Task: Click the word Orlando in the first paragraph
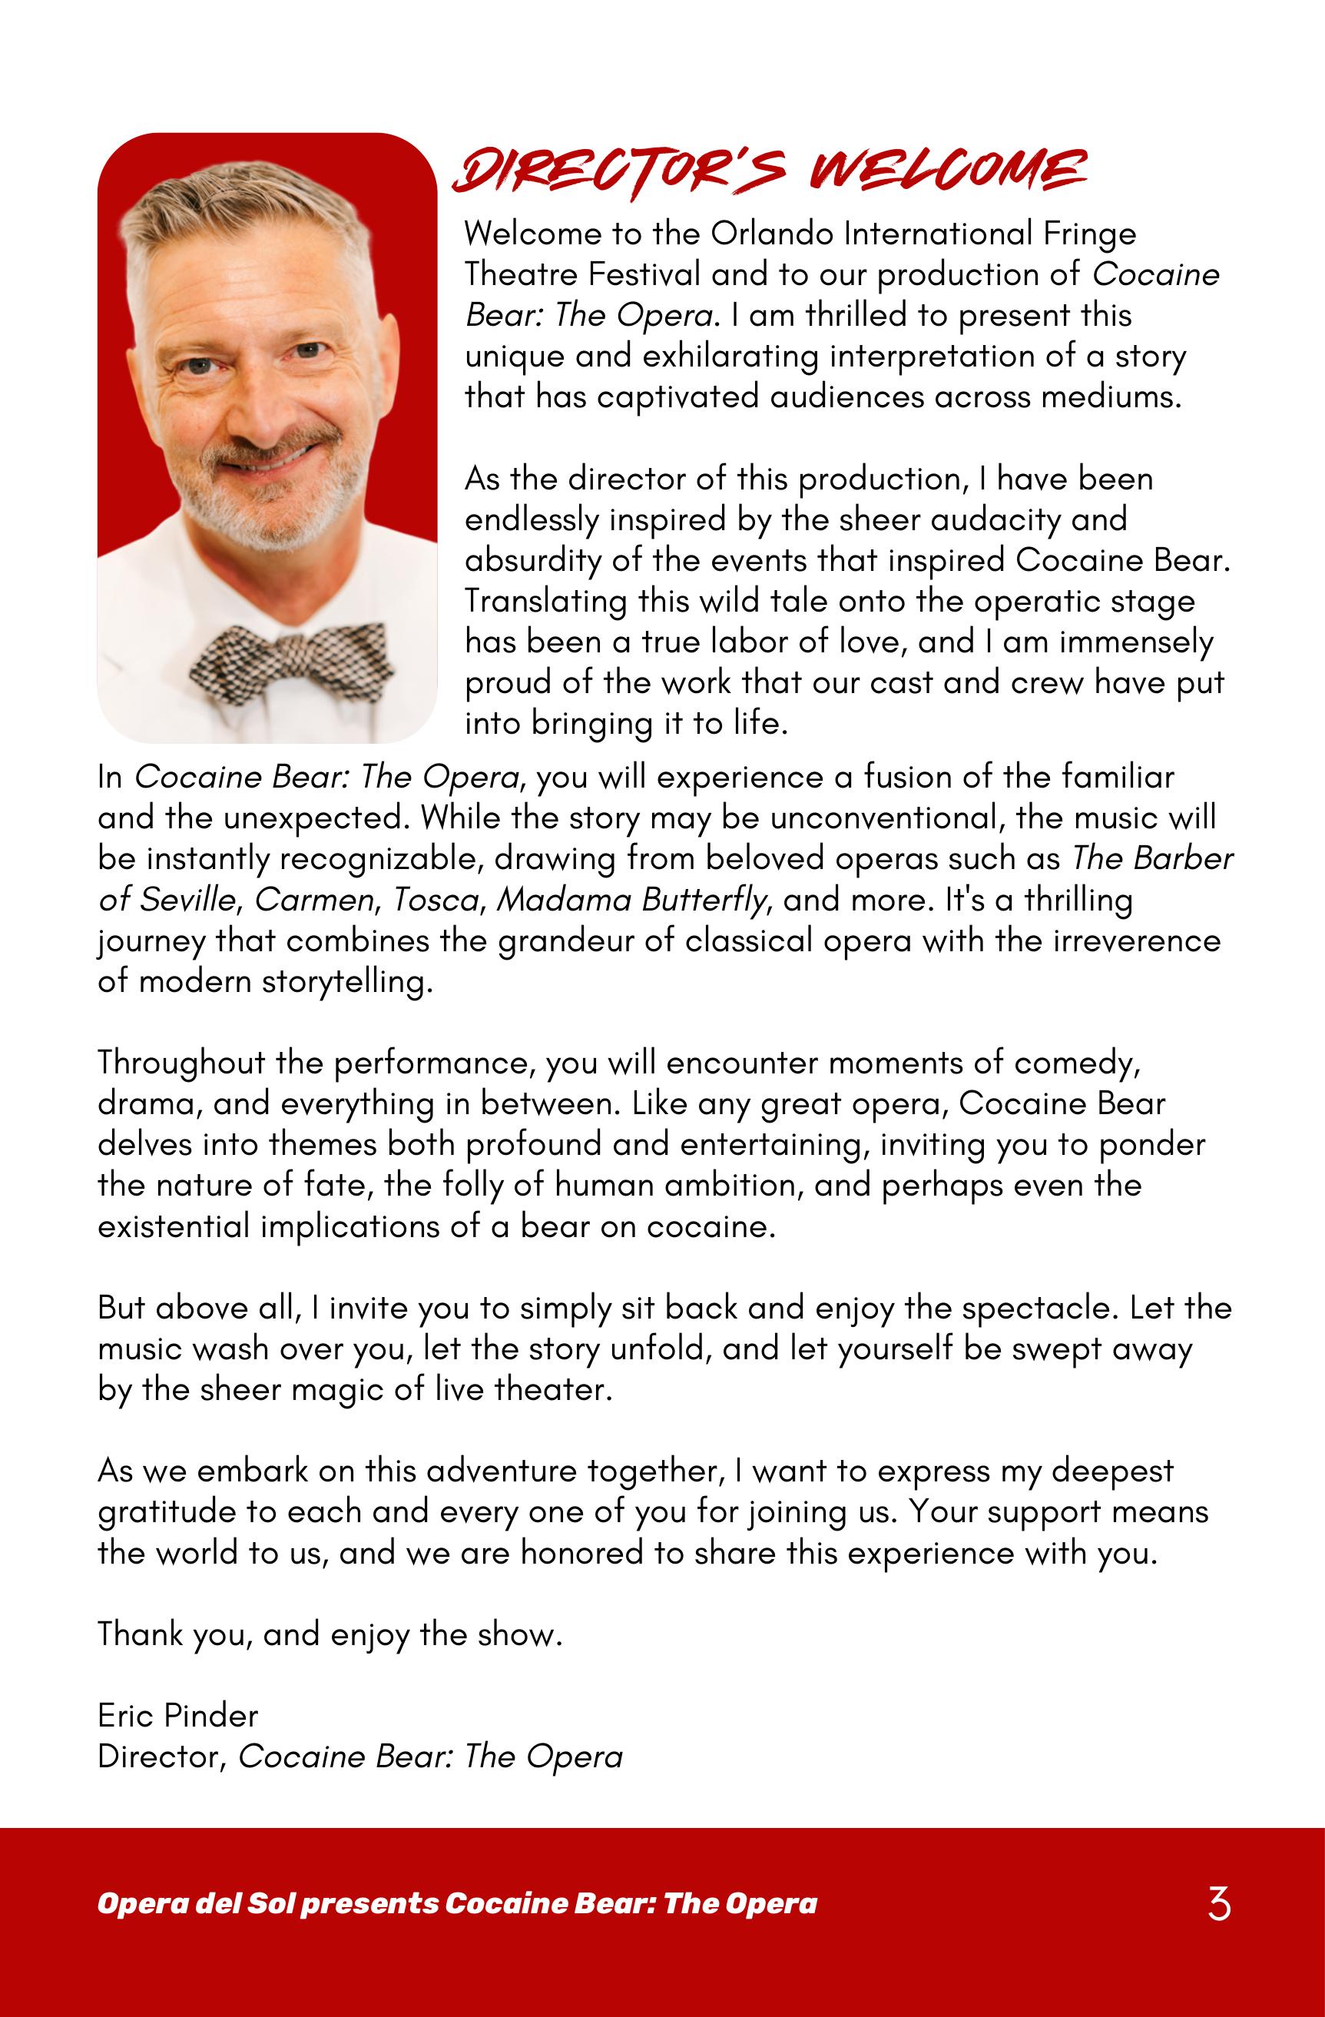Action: pos(758,233)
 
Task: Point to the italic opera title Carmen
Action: pos(313,900)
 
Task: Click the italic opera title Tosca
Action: pos(435,900)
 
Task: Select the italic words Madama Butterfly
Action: pos(631,900)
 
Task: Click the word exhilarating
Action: pos(730,357)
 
